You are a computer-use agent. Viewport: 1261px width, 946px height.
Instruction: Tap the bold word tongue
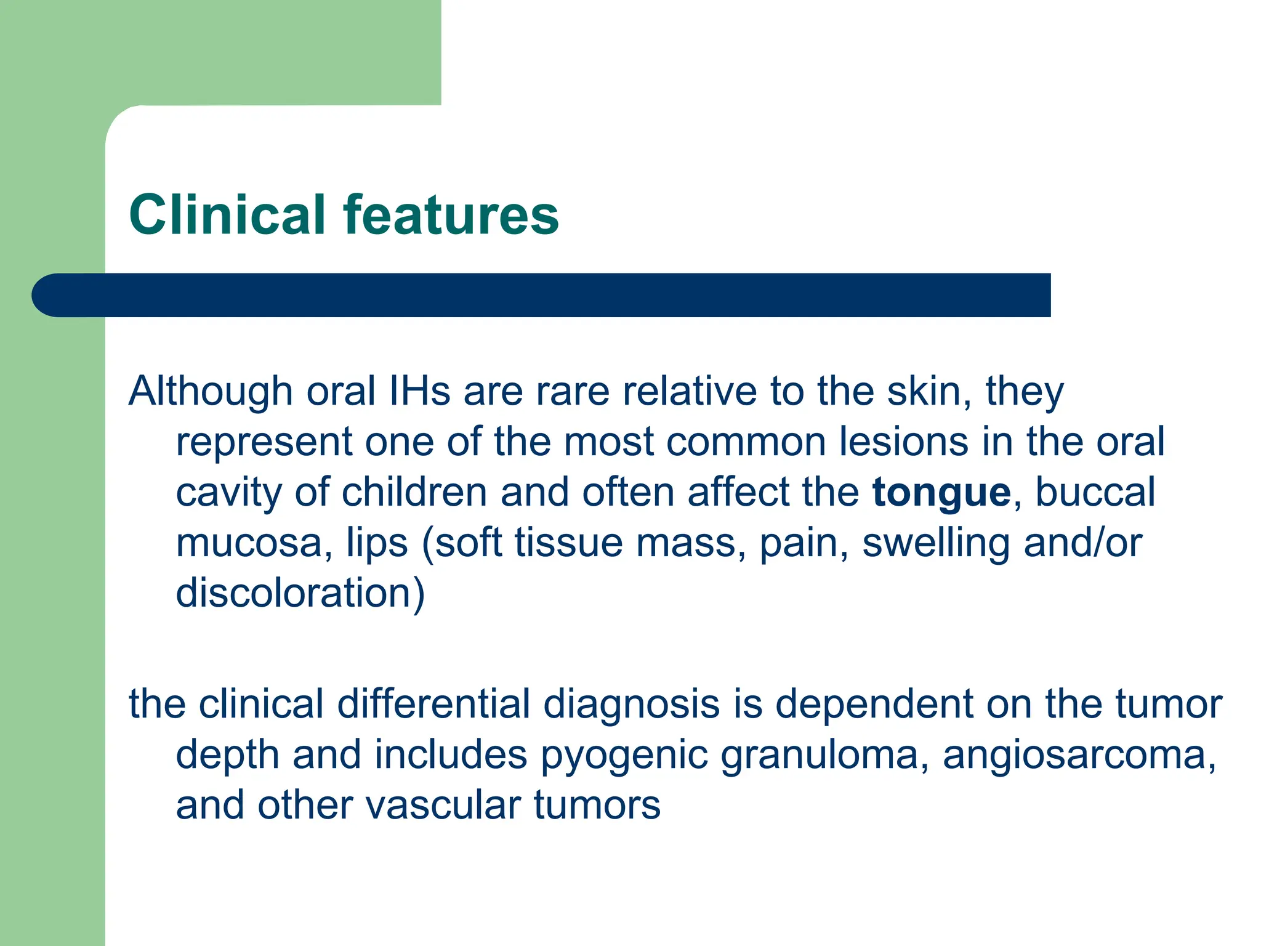pos(941,493)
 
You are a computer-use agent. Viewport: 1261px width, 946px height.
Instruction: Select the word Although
pos(210,392)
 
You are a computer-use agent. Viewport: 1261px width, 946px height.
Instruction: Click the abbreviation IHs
pos(420,392)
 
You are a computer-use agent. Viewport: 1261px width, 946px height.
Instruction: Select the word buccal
pos(1095,493)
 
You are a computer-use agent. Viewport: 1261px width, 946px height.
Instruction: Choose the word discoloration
pos(299,594)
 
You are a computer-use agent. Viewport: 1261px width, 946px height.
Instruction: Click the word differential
pos(433,704)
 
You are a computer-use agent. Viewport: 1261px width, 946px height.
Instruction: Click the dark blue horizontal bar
pos(542,295)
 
